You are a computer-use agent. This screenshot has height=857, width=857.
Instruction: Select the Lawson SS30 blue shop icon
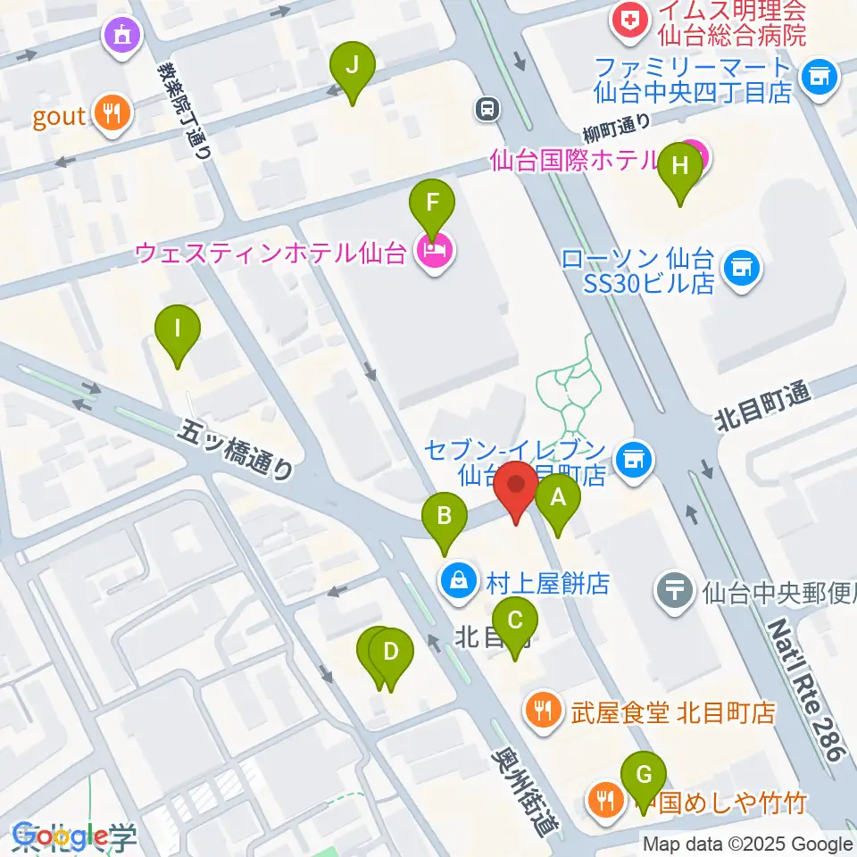pos(738,265)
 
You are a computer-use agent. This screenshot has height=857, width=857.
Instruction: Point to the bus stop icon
pos(488,109)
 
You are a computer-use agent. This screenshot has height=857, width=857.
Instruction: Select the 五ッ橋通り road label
pos(236,451)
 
